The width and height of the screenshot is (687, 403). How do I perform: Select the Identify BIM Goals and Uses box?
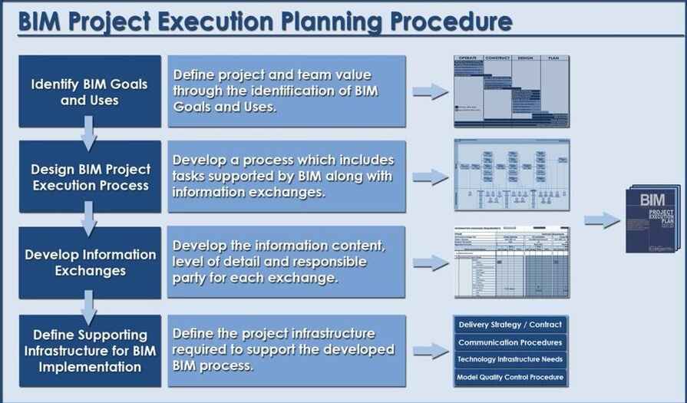[89, 91]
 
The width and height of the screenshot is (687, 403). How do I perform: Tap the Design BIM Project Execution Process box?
[89, 177]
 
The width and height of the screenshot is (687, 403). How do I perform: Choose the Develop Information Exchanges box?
[89, 263]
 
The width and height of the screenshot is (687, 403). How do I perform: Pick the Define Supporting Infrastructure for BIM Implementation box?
[89, 351]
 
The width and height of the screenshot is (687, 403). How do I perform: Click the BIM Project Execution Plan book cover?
[652, 220]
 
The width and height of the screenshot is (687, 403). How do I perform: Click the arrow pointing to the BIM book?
[602, 220]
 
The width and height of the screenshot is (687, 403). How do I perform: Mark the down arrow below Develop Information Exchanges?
[89, 307]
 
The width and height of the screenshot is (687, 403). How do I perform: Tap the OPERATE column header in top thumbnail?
[467, 58]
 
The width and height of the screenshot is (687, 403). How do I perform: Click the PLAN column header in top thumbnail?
[553, 58]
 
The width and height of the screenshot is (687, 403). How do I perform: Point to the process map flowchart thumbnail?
[511, 176]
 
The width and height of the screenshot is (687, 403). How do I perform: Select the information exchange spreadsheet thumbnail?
[511, 263]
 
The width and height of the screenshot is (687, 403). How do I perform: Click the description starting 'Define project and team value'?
[286, 91]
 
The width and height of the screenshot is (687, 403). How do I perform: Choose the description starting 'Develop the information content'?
[286, 263]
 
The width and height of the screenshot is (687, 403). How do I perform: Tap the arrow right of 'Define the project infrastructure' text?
[431, 351]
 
